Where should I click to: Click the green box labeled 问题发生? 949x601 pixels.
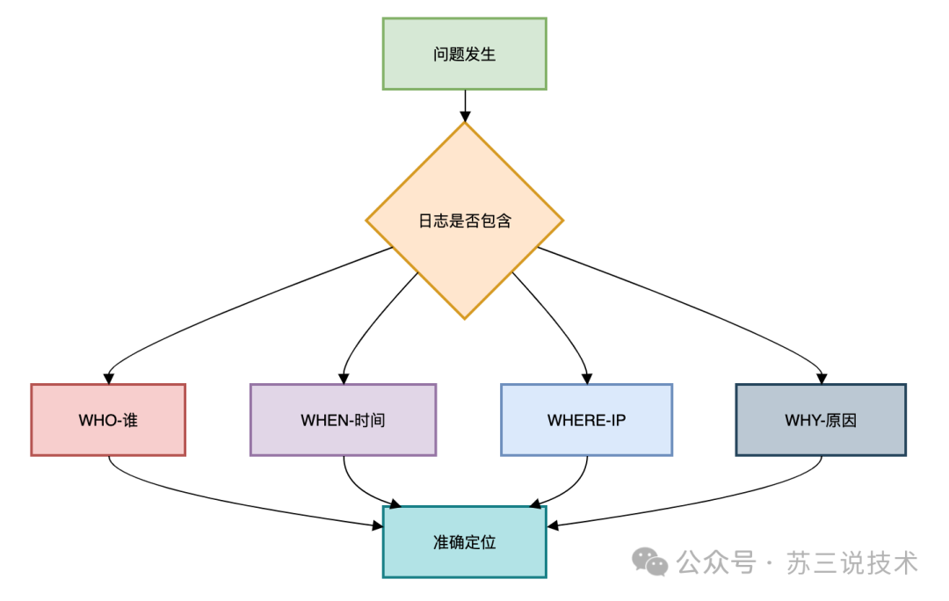464,54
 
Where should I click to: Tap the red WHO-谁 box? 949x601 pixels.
108,420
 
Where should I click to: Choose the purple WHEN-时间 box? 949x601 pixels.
343,420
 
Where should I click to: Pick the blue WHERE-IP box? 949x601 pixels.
586,420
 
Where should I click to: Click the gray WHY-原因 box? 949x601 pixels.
821,420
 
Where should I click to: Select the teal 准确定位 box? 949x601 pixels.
464,542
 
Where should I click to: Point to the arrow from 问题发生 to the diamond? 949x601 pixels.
464,105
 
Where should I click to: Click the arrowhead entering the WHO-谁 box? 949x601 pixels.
108,378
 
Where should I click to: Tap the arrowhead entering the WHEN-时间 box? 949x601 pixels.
343,378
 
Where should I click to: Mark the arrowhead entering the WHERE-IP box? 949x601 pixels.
586,378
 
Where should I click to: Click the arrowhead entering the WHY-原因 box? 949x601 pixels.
821,378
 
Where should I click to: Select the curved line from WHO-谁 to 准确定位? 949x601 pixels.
220,501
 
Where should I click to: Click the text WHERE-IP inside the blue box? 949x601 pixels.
586,420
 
